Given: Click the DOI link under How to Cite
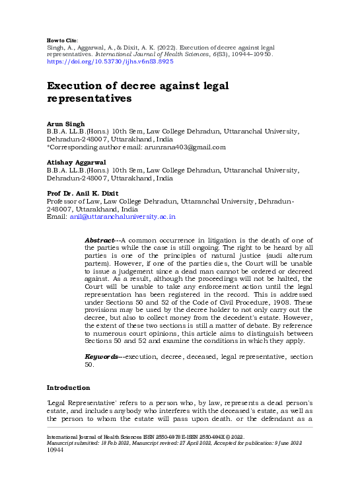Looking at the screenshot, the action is (110, 61).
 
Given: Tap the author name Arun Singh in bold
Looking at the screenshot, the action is (65, 124).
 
